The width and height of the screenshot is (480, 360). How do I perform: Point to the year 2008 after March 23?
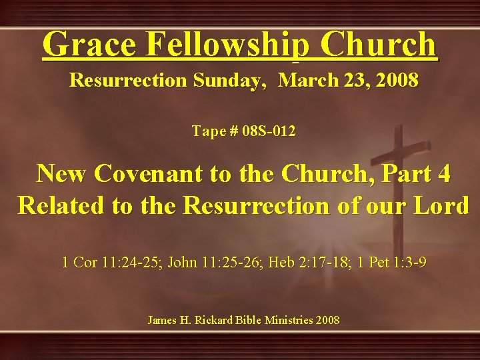tap(397, 81)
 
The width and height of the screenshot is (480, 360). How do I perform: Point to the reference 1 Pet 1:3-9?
tap(392, 263)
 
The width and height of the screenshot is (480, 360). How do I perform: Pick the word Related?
tap(61, 205)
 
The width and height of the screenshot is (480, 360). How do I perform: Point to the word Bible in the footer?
tap(247, 321)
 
